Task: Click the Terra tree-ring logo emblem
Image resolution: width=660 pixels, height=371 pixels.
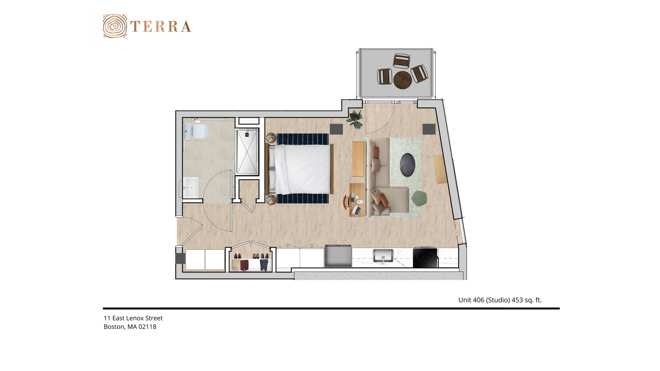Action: [x=115, y=26]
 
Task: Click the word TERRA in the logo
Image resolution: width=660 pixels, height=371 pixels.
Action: [x=161, y=26]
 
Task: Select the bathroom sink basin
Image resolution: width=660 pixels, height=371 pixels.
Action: [x=190, y=187]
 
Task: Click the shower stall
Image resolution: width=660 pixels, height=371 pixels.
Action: [x=247, y=152]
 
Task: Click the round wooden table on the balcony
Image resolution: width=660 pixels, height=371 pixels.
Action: [x=403, y=80]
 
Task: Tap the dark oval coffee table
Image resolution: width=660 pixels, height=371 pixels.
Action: [x=407, y=165]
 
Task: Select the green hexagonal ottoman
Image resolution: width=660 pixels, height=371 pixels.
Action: [x=420, y=198]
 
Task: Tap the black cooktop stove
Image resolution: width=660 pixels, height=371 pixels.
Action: [x=425, y=258]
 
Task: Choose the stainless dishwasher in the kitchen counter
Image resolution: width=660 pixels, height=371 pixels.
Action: [x=338, y=256]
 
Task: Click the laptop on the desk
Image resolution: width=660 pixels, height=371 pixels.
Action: [x=356, y=211]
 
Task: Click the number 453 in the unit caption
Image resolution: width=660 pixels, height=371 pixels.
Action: [x=517, y=300]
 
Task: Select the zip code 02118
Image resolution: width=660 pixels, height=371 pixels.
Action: [x=147, y=327]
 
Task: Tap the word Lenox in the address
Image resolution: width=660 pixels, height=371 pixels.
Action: [x=135, y=318]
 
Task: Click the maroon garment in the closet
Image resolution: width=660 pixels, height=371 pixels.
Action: [x=245, y=265]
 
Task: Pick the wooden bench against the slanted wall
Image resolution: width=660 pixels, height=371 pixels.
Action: [x=440, y=169]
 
